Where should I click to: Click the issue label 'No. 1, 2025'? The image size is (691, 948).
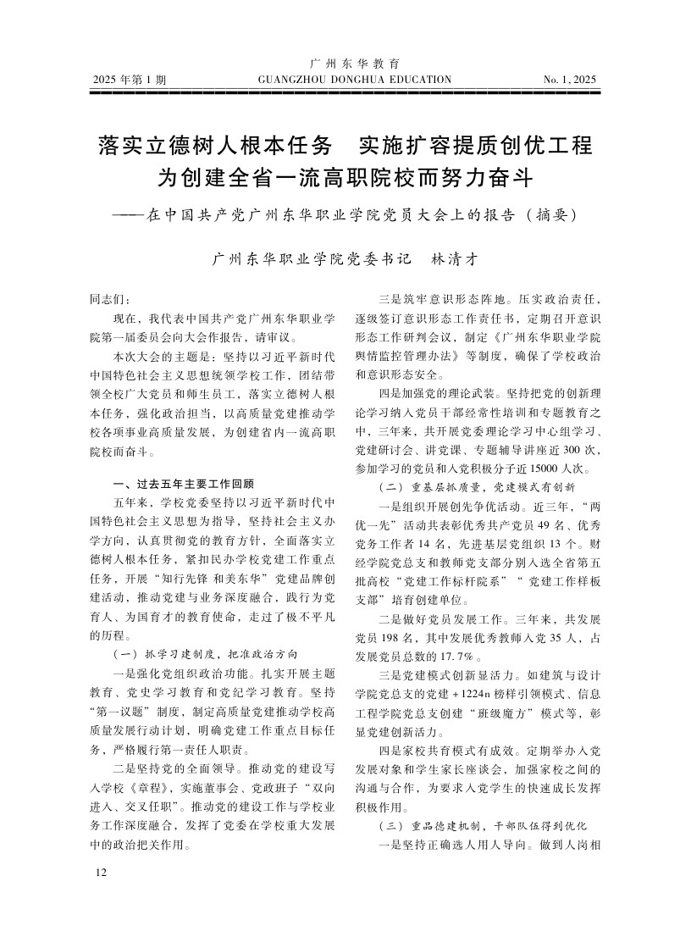(570, 80)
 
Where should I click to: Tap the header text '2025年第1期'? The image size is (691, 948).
(130, 80)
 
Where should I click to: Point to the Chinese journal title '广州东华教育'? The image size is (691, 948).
(356, 64)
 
